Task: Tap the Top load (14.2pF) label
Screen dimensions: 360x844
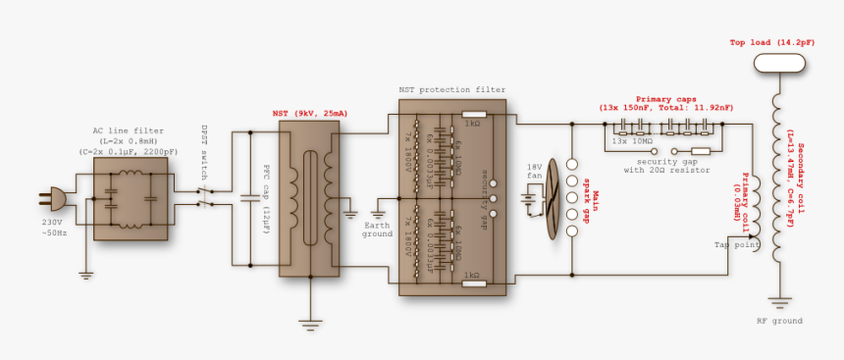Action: coord(771,43)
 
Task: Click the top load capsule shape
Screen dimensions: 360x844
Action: coord(778,64)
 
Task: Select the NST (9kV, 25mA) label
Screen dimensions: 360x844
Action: coord(309,114)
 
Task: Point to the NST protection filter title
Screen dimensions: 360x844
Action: coord(451,89)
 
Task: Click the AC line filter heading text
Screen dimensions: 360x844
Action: coord(129,130)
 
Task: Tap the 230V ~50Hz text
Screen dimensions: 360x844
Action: coord(55,228)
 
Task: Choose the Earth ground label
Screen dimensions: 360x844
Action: coord(377,229)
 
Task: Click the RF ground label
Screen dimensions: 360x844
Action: coord(779,321)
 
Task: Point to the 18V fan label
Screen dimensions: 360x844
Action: coord(534,173)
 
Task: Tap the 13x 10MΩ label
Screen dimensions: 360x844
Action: coord(633,141)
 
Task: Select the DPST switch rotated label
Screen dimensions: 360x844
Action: coord(204,148)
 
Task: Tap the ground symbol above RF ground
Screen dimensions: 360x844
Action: coord(779,301)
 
